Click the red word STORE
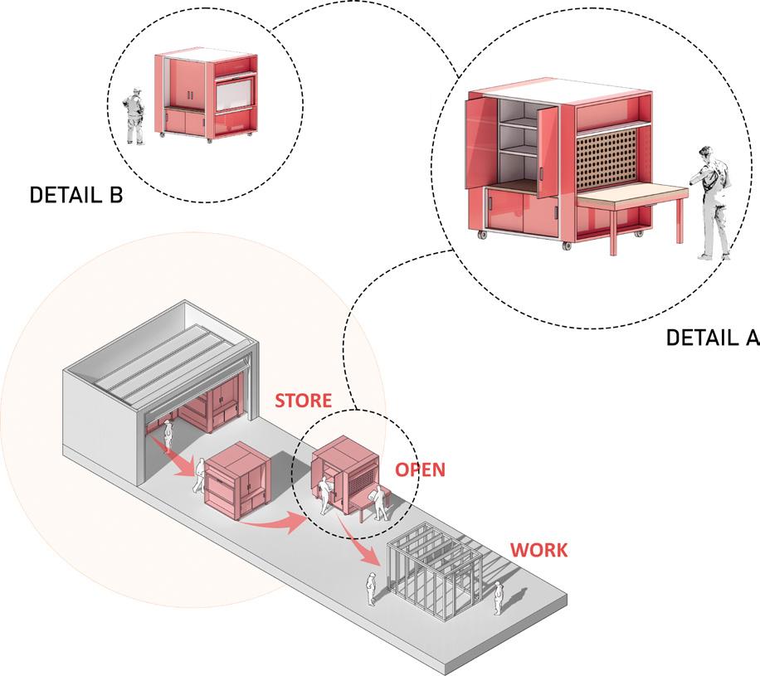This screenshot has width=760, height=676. [303, 401]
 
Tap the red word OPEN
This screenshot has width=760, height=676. [420, 469]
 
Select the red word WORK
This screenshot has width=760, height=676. [538, 550]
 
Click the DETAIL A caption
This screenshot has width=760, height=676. [712, 338]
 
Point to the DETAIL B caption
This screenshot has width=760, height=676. [76, 195]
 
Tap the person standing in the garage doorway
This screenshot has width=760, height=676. [167, 432]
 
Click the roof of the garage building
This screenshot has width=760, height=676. [158, 357]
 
